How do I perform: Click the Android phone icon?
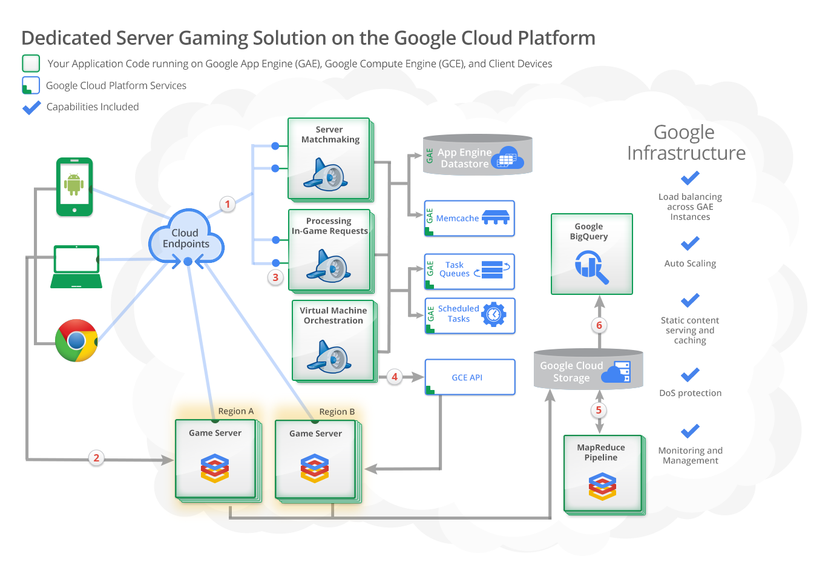pos(74,187)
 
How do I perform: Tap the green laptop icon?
pos(76,266)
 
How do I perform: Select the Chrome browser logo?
pos(76,340)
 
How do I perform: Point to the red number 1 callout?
pos(228,204)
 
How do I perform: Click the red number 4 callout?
pos(395,377)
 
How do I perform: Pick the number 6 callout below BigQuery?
pos(599,325)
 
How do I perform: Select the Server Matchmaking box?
pos(329,159)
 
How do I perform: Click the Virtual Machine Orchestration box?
pos(333,340)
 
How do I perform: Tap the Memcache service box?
pos(469,218)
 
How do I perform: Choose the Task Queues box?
pos(469,271)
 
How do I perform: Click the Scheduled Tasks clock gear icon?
pos(494,314)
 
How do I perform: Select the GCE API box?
pos(470,377)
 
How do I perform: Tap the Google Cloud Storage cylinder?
pos(588,370)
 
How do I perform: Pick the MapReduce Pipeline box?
pos(602,473)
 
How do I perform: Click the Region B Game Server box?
pos(315,460)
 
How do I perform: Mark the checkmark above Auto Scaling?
pos(690,243)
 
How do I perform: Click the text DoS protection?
pos(690,393)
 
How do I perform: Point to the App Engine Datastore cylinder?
pos(477,156)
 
